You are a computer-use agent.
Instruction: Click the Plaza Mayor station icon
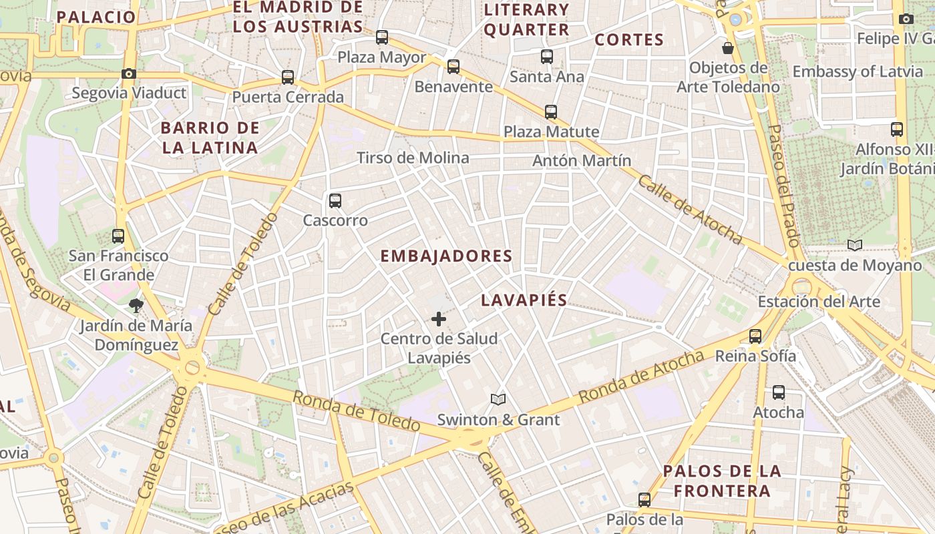pos(382,37)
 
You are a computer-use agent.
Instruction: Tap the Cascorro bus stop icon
pos(335,200)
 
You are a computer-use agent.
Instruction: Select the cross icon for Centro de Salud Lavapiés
pos(439,319)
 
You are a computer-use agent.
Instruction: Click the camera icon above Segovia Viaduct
pos(129,73)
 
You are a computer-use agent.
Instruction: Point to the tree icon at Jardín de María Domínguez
pos(136,306)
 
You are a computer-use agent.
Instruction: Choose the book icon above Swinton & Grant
pos(498,399)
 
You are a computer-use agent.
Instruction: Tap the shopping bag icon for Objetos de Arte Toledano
pos(728,48)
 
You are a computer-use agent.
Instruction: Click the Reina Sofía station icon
pos(755,336)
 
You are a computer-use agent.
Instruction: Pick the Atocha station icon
pos(779,392)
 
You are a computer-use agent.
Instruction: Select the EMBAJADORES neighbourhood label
pos(446,256)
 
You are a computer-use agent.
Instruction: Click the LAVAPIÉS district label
pos(524,300)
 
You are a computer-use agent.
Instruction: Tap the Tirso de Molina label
pos(413,158)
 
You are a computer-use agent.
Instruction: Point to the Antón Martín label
pos(582,161)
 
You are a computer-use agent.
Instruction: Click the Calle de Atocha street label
pos(690,209)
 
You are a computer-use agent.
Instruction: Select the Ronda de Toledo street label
pos(357,411)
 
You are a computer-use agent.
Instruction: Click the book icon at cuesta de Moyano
pos(855,245)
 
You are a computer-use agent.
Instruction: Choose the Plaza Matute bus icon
pos(551,111)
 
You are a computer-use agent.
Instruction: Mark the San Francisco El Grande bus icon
pos(118,236)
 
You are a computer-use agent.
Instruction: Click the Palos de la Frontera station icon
pos(644,499)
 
